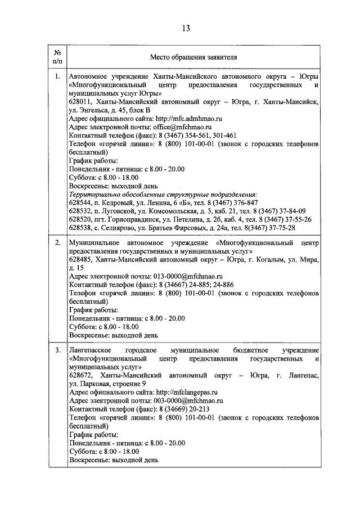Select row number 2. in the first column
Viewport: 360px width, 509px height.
57,242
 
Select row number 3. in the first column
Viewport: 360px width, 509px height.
57,350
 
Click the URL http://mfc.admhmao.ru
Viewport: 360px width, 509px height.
188,119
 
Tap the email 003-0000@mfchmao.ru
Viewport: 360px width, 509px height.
188,401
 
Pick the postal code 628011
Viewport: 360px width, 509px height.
80,102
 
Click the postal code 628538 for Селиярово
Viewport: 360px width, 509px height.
80,228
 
